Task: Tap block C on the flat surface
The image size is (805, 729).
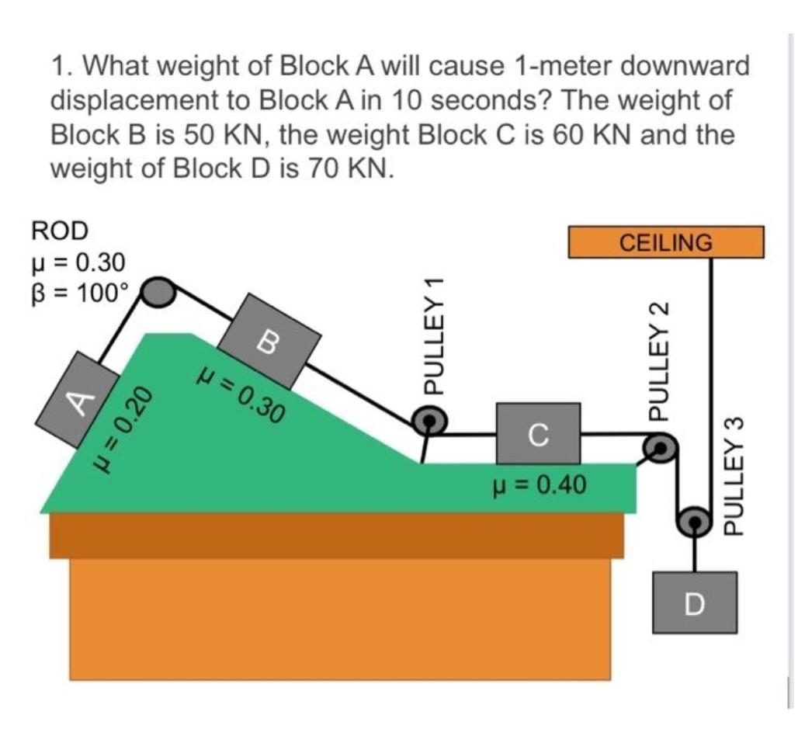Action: (538, 432)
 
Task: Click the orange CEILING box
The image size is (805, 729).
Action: (666, 241)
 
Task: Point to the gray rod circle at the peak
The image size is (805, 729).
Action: (158, 292)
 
